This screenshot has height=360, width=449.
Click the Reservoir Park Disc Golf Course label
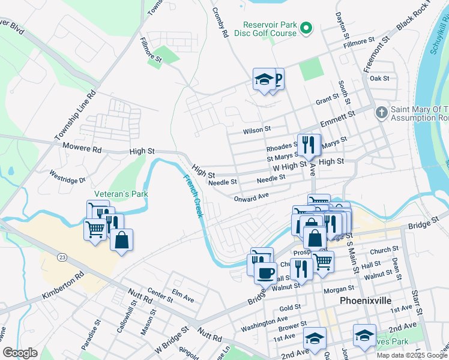[x=269, y=29]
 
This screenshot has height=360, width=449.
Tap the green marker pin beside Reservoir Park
[x=306, y=28]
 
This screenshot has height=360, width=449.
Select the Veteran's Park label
[x=121, y=194]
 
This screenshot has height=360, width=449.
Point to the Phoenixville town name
[x=366, y=300]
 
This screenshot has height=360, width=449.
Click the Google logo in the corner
[x=20, y=352]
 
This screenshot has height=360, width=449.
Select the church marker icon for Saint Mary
[x=381, y=113]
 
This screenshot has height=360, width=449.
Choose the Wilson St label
[x=257, y=130]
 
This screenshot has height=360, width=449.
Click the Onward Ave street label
[x=252, y=198]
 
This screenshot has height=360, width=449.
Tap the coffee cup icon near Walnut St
[x=265, y=273]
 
